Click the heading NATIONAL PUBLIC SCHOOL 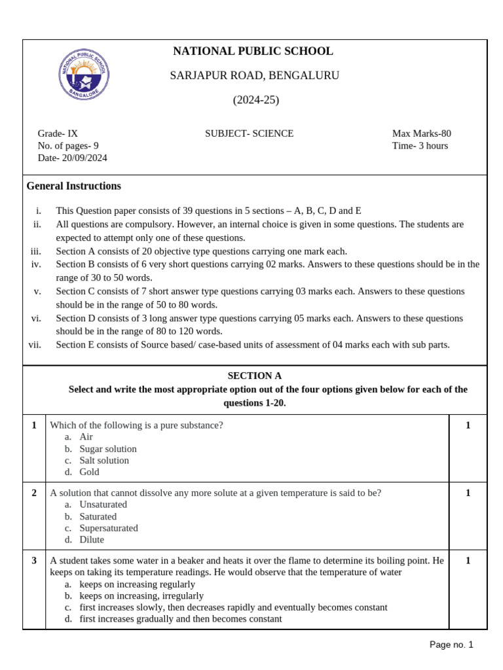point(253,51)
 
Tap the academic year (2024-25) point(255,100)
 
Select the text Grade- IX point(58,133)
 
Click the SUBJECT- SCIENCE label point(249,133)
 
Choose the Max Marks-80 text point(421,133)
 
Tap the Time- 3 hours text point(420,146)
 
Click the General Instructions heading point(73,186)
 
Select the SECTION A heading point(254,376)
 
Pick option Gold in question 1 point(89,472)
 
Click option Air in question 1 point(86,436)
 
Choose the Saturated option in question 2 point(98,516)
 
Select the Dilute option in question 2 point(92,540)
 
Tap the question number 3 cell point(34,561)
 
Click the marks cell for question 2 point(468,493)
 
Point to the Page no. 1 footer point(451,644)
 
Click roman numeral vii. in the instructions point(35,345)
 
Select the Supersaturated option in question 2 point(109,528)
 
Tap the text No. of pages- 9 point(68,146)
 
